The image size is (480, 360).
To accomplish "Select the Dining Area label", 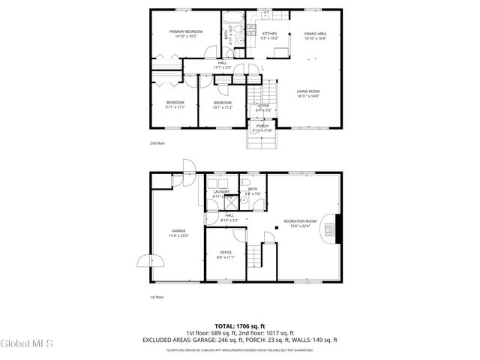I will [x=315, y=36].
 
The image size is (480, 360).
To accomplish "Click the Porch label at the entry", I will [x=262, y=127].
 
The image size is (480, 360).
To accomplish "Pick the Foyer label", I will [x=264, y=107].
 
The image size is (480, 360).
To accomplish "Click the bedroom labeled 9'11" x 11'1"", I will [x=175, y=104].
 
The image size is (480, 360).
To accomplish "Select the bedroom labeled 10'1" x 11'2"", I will [x=223, y=104].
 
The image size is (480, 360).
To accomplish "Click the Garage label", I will [x=178, y=232].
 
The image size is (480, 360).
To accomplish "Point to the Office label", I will [x=225, y=254].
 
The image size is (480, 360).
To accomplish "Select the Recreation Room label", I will [x=300, y=223].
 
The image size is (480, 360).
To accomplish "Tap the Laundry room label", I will [x=221, y=193].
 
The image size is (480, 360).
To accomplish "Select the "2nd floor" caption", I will [x=157, y=142].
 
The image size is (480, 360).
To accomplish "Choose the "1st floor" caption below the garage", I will [x=157, y=296].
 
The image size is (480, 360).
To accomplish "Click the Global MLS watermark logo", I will [x=27, y=344].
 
